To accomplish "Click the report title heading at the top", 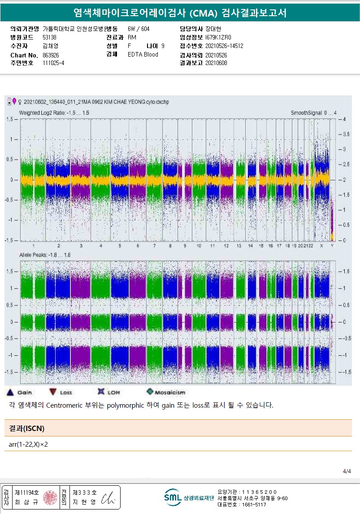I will coord(180,13).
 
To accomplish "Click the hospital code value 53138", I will coord(49,37).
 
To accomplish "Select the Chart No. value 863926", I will coord(52,55).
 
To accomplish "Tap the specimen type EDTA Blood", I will coord(143,55).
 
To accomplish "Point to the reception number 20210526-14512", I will coord(224,46).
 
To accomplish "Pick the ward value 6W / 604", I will coord(139,29).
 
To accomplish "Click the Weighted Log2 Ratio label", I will coord(54,113).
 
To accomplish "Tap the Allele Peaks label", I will coord(45,255).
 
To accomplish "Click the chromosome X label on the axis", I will coord(321,246).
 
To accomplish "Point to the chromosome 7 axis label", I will coord(154,246).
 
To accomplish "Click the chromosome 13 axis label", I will coord(239,246).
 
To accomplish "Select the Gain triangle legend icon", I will coord(10,392).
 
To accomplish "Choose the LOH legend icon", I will coord(101,392).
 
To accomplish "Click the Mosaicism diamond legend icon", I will coord(150,392).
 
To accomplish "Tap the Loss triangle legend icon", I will coord(53,392).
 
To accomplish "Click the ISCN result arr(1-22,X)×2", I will coord(28,444).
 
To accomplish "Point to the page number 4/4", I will coord(347,471).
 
